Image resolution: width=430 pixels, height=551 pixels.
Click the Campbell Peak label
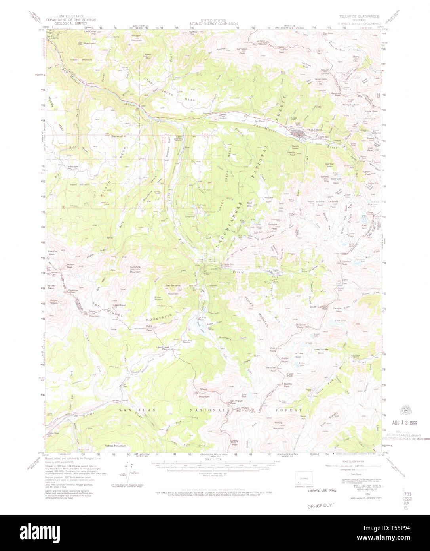coord(242,50)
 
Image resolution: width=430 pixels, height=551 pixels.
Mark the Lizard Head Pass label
coord(162,348)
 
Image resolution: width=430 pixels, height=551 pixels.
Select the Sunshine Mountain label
coord(135,269)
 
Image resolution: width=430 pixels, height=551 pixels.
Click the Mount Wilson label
coord(54,302)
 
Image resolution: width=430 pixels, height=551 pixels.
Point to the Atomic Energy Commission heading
coord(213,22)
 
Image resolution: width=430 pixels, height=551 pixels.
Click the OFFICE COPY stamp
coord(321,506)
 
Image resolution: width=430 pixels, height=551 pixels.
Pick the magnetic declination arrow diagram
coord(127,471)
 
